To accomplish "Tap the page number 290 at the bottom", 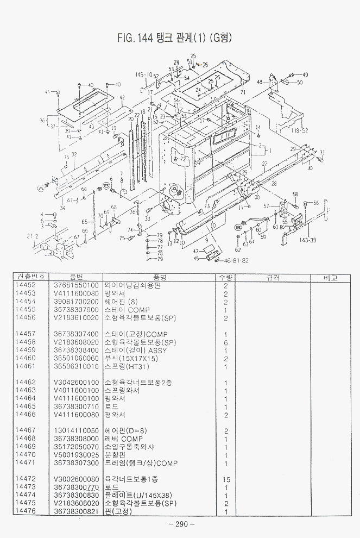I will tap(181, 524).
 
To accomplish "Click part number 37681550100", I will tap(77, 285).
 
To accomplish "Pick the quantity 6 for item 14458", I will tap(225, 342).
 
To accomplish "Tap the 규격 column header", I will tap(273, 277).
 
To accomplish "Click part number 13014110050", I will tap(77, 431).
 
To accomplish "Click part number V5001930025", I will tap(77, 455).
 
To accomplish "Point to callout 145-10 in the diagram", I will tap(144, 74).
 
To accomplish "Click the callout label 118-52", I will tap(299, 131).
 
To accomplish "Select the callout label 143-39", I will tap(307, 240).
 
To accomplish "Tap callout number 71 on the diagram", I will tap(243, 93).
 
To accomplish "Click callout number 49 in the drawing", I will tap(305, 74).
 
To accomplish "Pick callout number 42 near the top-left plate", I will tap(122, 98).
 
